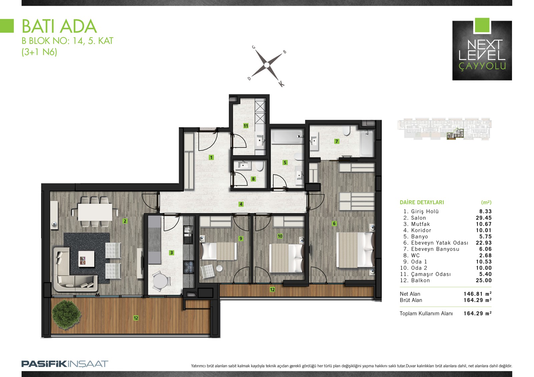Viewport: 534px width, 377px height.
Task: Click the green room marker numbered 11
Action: pos(246,126)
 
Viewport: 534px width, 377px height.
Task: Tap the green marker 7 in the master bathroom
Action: pos(337,141)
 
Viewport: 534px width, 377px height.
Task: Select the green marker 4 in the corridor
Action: pos(241,204)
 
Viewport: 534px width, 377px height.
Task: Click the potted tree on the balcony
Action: pos(66,315)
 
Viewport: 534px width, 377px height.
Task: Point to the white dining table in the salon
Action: pos(95,212)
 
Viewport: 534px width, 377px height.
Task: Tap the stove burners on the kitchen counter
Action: pos(188,267)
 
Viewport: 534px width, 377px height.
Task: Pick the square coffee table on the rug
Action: pos(86,259)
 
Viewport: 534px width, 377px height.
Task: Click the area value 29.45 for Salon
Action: pos(484,218)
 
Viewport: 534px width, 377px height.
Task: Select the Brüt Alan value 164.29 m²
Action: pos(478,300)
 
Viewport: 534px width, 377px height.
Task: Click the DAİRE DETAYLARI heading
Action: pos(422,202)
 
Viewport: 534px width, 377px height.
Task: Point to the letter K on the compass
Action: pos(282,84)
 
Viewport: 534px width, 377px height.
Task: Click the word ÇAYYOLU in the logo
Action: pos(482,66)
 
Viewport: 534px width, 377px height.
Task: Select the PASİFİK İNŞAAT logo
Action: pos(65,364)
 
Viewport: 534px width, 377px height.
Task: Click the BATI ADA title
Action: pos(59,26)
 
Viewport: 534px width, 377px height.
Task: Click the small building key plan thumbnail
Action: pos(444,129)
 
